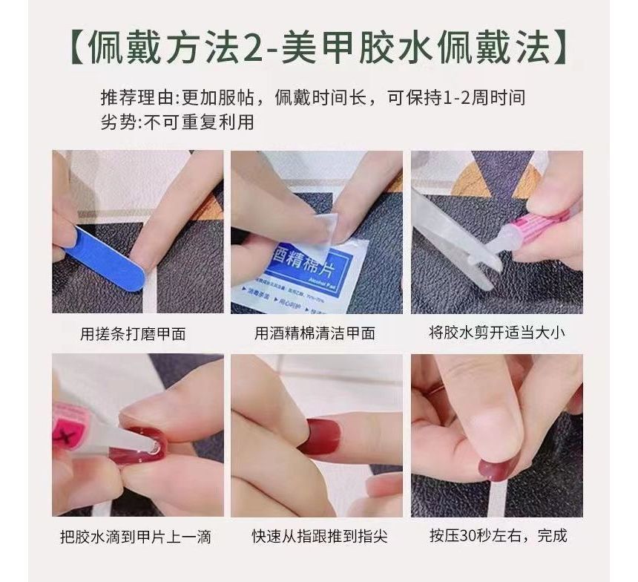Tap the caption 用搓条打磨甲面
click(x=133, y=333)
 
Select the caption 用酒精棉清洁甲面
click(x=315, y=333)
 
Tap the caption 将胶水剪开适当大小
click(x=496, y=333)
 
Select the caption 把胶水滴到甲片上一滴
click(x=135, y=536)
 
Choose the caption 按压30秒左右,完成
click(x=498, y=536)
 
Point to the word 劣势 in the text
click(x=116, y=122)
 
